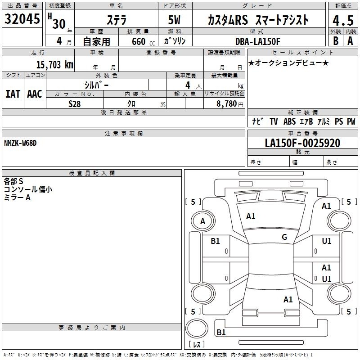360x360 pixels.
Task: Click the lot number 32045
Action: coord(22,19)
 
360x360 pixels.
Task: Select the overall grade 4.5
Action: coord(343,20)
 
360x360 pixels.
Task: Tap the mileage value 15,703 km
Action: coord(55,65)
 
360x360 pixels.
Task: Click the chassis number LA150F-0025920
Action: coord(302,143)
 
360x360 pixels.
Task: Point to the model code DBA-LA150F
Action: coord(258,41)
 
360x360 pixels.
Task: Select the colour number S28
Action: coord(75,104)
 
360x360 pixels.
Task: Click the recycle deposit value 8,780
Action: coord(226,104)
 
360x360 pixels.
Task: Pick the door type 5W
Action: coord(174,20)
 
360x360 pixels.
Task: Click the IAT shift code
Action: coord(13,94)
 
